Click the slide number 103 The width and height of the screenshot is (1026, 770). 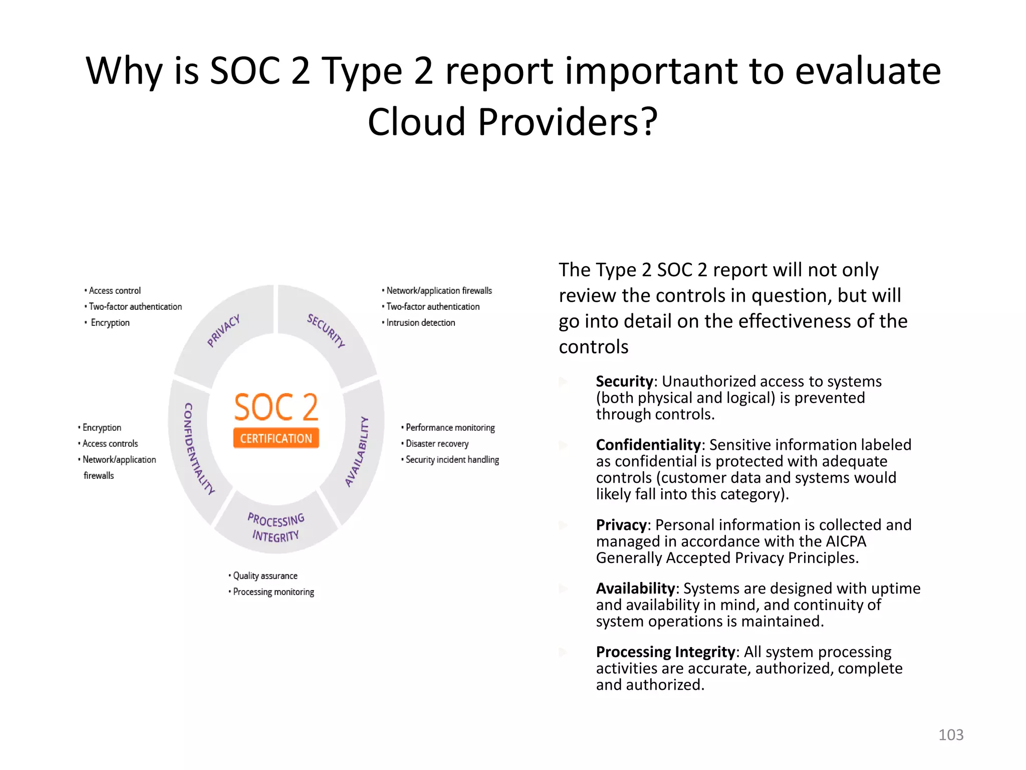[x=950, y=734]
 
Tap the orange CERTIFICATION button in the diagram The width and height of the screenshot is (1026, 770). [x=276, y=438]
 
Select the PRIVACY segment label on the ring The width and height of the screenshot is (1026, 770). [x=224, y=330]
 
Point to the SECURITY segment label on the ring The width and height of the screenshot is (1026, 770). [x=326, y=330]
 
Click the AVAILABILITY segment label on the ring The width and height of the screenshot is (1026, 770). [x=357, y=451]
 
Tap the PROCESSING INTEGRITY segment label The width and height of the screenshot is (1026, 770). [x=276, y=527]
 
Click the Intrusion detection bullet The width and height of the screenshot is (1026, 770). [x=420, y=322]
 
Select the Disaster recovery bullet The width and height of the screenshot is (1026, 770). [x=437, y=444]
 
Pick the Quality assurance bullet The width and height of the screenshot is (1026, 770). [x=265, y=575]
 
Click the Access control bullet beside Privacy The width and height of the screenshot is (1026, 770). [x=115, y=290]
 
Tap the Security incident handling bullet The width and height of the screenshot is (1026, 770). [x=452, y=460]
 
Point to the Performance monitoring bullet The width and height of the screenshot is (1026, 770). [x=450, y=428]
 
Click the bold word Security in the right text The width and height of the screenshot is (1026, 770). [x=624, y=381]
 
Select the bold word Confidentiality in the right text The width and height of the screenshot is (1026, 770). [x=648, y=445]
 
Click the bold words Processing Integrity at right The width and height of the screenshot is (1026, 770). [x=665, y=652]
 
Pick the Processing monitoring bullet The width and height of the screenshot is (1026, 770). [x=273, y=592]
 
